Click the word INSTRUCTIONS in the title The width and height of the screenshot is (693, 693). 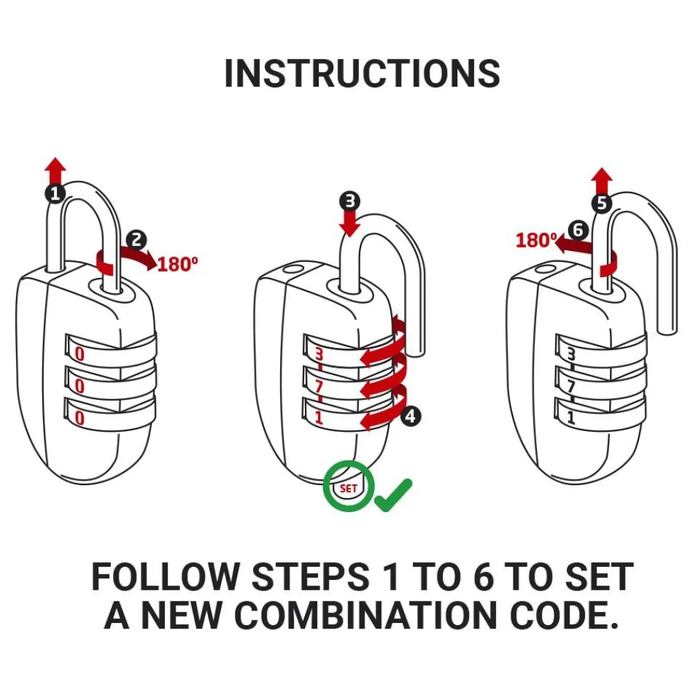coord(362,73)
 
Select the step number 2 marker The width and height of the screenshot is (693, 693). coord(137,240)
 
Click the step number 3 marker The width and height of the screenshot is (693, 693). coord(349,202)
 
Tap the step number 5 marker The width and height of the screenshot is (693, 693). coord(602,203)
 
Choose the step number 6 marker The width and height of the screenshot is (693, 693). coord(577,229)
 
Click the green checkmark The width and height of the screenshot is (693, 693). coord(394,494)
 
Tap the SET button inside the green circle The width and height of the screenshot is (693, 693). coord(348,488)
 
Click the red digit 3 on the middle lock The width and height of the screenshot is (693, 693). coord(319,354)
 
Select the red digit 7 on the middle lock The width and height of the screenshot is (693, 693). coord(319,387)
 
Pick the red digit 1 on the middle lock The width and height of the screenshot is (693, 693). coord(319,418)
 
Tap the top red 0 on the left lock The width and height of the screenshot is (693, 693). coord(80,354)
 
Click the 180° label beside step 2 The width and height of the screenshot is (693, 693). coord(177,264)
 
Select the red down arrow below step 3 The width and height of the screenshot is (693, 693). coord(349,223)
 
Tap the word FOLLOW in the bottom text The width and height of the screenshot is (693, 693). coord(164,577)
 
